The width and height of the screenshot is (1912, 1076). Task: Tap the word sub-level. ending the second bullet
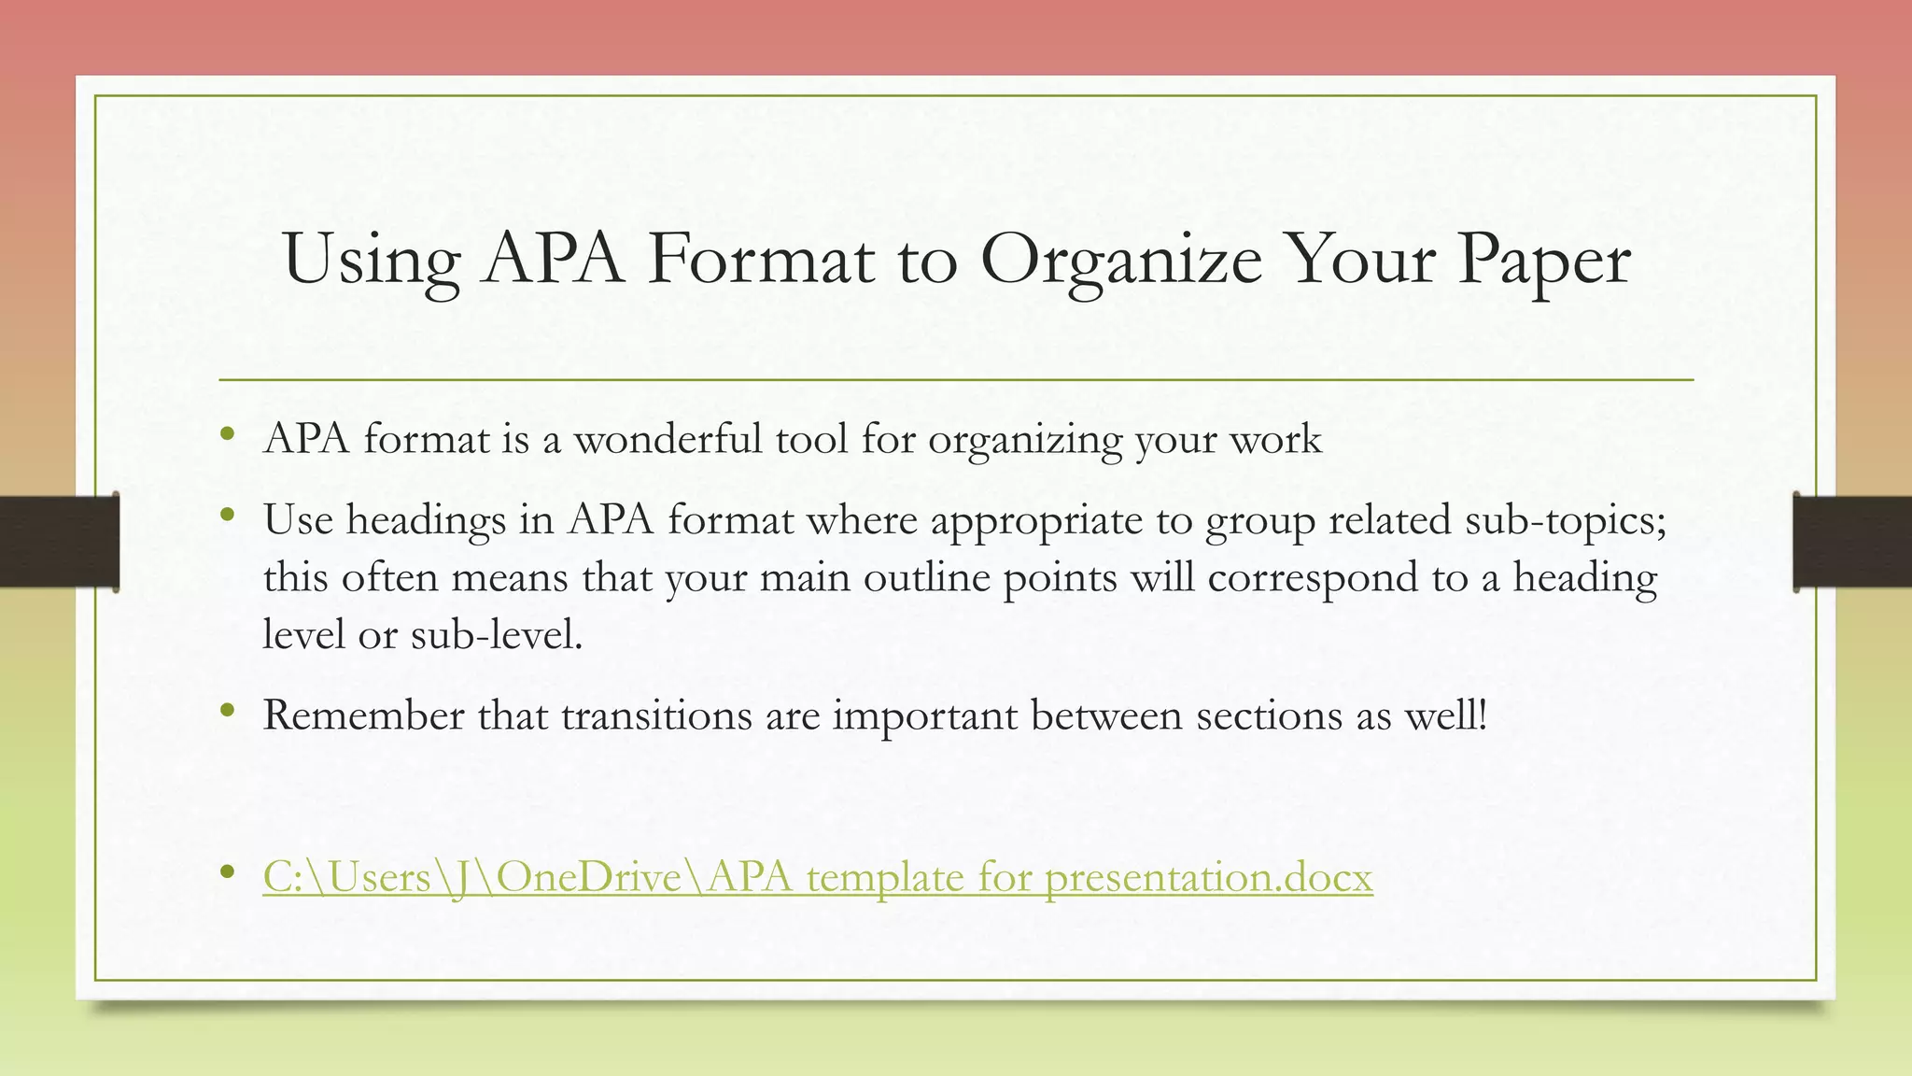(496, 635)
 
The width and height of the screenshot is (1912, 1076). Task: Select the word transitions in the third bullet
(656, 715)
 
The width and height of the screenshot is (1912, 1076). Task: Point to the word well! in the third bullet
(1445, 715)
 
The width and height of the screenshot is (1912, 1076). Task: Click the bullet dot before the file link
(227, 871)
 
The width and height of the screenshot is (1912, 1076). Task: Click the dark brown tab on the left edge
(58, 542)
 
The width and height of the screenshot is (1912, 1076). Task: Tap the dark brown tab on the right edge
(1853, 542)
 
